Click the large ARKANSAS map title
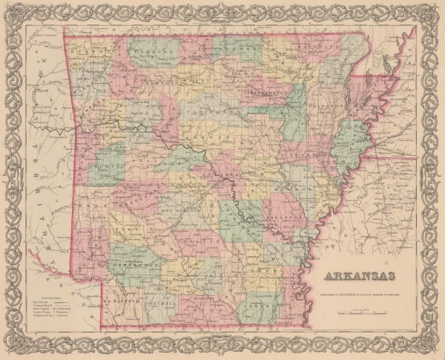(x=359, y=280)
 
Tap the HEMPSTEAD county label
(x=136, y=262)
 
